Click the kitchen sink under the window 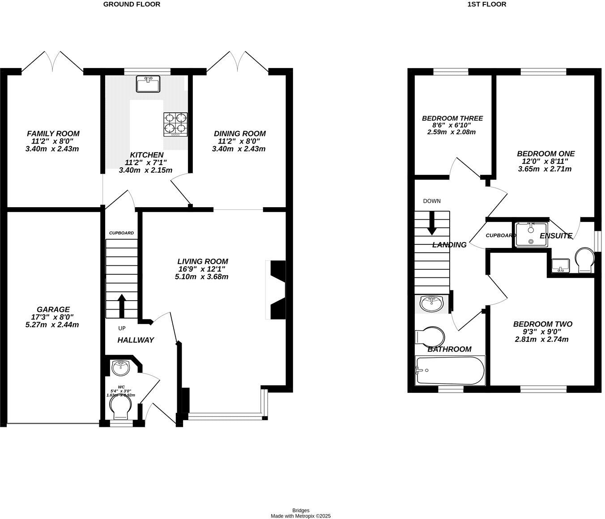point(148,84)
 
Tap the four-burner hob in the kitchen point(175,124)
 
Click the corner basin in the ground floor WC point(120,368)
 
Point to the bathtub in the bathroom point(450,370)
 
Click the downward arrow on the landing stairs point(432,223)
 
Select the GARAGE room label point(53,309)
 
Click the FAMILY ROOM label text point(53,133)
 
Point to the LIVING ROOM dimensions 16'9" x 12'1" point(202,269)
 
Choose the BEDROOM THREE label point(452,119)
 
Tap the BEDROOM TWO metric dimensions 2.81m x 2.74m point(542,339)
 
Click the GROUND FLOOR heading point(132,4)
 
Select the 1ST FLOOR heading point(486,4)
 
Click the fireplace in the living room point(277,289)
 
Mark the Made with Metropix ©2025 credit point(301,515)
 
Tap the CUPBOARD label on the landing point(501,235)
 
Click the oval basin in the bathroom point(432,303)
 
